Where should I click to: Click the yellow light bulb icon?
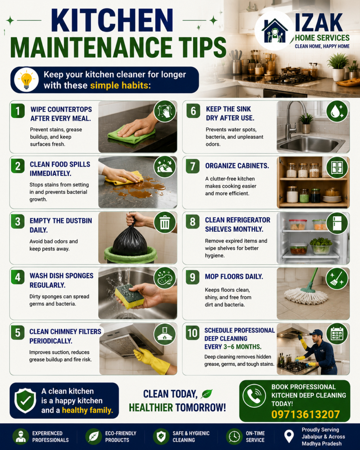pos(26,79)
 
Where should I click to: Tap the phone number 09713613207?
pos(305,414)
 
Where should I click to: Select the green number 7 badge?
pos(193,166)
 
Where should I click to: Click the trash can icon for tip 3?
pos(165,222)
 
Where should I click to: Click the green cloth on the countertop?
pos(131,135)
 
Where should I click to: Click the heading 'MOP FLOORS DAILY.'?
pos(234,276)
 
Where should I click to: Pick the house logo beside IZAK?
pos(274,30)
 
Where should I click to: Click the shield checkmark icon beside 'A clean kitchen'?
pos(25,400)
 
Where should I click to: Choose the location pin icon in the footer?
pos(289,436)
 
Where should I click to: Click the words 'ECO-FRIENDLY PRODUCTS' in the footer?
pos(121,436)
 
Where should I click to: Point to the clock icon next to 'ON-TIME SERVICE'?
pos(234,436)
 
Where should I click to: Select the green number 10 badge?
pos(193,333)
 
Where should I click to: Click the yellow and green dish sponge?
pos(130,296)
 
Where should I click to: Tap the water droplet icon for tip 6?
pos(337,111)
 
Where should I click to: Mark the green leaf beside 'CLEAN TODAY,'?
pos(207,394)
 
